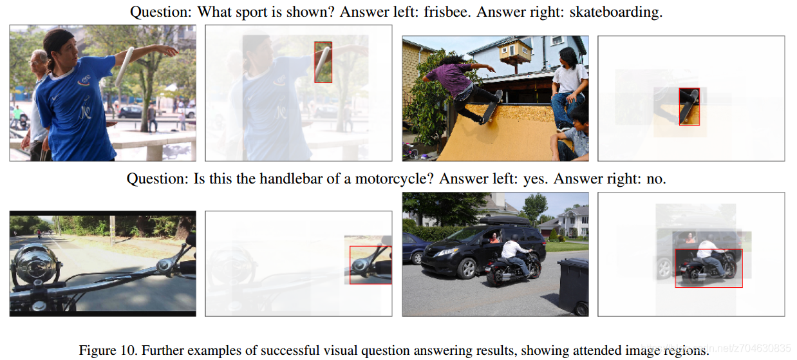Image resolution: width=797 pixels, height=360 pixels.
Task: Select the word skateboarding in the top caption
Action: point(616,12)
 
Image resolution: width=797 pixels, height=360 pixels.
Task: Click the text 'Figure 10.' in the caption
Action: point(108,350)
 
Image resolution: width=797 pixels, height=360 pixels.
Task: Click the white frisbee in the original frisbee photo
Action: point(124,67)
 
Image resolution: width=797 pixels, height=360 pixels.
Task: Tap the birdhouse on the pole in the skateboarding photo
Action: point(515,51)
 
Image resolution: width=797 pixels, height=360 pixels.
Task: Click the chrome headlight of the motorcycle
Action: point(35,263)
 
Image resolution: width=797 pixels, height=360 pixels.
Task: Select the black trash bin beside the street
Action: point(574,287)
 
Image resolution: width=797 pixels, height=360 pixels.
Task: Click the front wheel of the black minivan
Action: point(467,269)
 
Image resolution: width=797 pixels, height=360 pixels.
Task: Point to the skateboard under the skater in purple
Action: point(491,107)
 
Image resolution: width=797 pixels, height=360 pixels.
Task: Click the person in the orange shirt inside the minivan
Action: point(494,238)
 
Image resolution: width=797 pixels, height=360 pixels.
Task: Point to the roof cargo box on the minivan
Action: point(505,220)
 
